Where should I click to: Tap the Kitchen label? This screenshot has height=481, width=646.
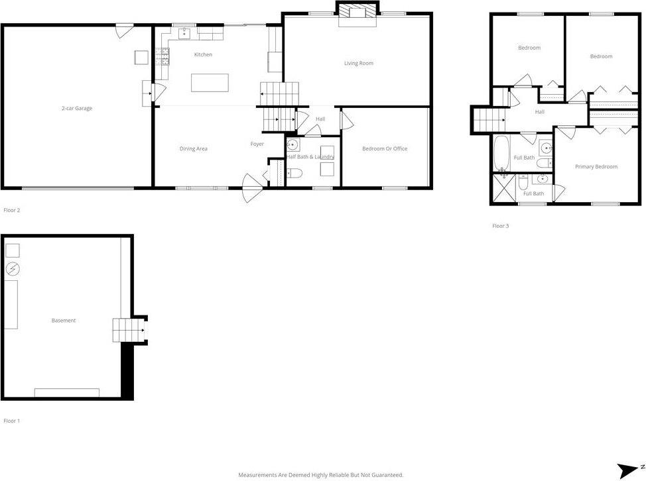click(x=203, y=54)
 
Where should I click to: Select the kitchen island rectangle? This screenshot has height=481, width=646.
click(x=210, y=83)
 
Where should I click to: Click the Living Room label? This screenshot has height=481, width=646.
click(x=358, y=64)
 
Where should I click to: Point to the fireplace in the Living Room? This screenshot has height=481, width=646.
click(x=358, y=16)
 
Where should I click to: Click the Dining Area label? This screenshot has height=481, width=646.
click(x=193, y=148)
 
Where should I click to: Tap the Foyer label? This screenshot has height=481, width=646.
click(x=257, y=144)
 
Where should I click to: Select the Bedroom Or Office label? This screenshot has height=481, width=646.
click(x=385, y=148)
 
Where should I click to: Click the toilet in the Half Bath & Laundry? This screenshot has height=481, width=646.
click(x=296, y=174)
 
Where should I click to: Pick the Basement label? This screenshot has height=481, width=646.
click(x=64, y=321)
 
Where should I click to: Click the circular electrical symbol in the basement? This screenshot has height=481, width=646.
click(x=13, y=269)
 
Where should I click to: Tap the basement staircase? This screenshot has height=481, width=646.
click(x=128, y=329)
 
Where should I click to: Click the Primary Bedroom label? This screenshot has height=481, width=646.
click(x=596, y=167)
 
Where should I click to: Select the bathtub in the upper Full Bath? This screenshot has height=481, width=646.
click(x=501, y=153)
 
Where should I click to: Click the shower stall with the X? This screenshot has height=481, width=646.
click(x=502, y=189)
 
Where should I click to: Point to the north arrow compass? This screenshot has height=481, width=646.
click(x=627, y=470)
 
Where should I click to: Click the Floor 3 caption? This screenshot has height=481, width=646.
click(x=500, y=226)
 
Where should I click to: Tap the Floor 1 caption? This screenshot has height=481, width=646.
click(x=12, y=421)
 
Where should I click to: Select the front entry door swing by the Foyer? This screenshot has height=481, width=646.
click(x=251, y=188)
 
